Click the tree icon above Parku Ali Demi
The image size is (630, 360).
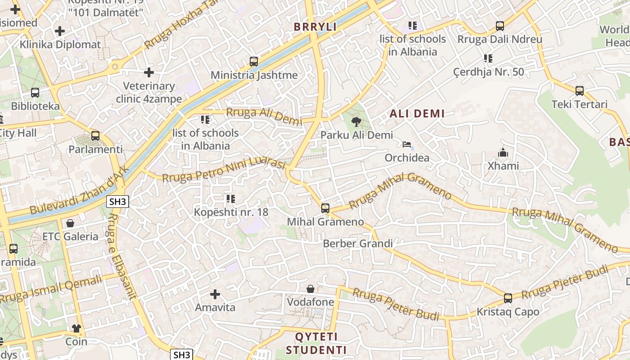(x=356, y=121)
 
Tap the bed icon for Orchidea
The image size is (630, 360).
(x=407, y=144)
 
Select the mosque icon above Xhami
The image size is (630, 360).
(x=503, y=153)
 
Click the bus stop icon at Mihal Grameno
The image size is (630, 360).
(x=325, y=208)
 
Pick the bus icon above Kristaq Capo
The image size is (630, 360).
(x=508, y=298)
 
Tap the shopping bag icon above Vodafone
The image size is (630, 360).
(x=310, y=288)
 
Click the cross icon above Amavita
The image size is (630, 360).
(x=215, y=294)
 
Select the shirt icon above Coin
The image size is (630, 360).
(x=76, y=328)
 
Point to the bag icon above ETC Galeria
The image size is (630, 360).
(x=70, y=223)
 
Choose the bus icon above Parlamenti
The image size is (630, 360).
(x=95, y=135)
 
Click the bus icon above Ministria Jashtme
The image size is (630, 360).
(x=254, y=62)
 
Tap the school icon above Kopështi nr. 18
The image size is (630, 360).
(x=231, y=198)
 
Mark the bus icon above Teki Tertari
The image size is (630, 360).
(x=580, y=90)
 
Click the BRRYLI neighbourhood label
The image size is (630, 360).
(x=315, y=27)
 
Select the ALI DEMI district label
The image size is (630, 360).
(x=417, y=113)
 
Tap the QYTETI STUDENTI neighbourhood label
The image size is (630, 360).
(x=316, y=343)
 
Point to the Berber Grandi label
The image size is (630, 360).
(x=358, y=243)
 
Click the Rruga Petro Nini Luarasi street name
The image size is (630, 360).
(x=224, y=171)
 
